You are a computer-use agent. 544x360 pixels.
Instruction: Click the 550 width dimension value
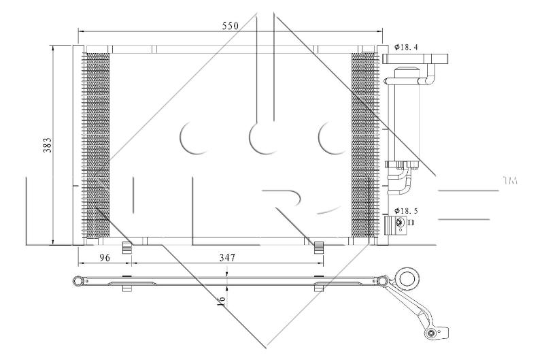231,26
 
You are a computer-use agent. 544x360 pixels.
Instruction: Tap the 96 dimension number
105,258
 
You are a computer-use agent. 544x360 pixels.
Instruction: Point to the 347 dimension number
227,258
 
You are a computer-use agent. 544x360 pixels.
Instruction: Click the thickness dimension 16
221,301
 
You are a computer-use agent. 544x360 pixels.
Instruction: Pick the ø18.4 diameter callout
405,47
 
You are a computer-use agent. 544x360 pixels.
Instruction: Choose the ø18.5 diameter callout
406,211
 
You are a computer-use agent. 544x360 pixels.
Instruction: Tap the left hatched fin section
96,145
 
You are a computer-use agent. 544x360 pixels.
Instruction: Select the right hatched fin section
364,145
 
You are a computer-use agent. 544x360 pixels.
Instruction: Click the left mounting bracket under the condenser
127,247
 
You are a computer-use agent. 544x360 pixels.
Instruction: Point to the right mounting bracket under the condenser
319,247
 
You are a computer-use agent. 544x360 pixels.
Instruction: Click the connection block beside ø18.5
397,224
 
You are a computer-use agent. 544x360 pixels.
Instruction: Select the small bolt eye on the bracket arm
431,334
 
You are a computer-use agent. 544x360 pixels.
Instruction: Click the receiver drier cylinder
407,114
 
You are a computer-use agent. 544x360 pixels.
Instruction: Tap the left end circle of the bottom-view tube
78,280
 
